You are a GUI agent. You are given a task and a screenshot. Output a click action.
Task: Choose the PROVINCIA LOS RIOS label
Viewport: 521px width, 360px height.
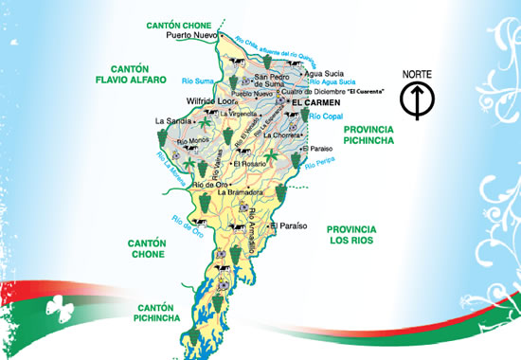pos(351,235)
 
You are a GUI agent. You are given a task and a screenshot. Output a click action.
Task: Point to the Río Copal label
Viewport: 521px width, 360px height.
pos(322,115)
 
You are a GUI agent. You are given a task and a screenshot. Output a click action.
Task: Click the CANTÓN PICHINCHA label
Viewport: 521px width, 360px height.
pos(158,313)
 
